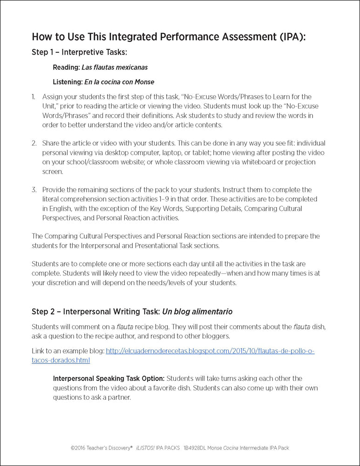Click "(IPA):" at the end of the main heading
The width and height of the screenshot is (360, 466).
point(291,37)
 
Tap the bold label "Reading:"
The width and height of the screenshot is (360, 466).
point(66,67)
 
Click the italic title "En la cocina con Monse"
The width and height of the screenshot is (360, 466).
point(119,82)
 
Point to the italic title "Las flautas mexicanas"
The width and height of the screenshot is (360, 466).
point(115,67)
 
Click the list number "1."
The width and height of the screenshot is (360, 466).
point(34,96)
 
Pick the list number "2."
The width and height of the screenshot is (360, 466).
point(34,143)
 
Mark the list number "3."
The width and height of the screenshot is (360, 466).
point(34,190)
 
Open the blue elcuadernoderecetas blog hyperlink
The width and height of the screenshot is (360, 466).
point(210,351)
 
